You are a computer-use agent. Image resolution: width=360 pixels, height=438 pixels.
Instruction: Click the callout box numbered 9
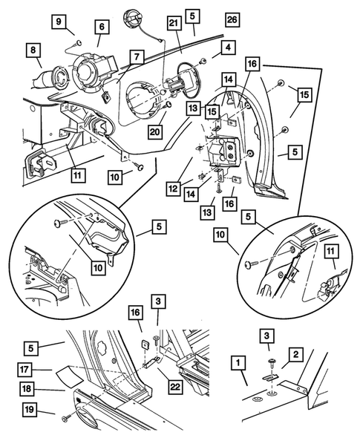(x=59, y=22)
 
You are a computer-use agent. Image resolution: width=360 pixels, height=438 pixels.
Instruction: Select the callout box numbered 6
(x=102, y=27)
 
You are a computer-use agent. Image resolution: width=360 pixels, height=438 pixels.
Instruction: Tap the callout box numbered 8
(x=33, y=50)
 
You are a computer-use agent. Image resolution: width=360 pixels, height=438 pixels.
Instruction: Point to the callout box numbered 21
(x=174, y=22)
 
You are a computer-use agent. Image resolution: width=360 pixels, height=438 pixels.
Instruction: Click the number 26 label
(x=232, y=19)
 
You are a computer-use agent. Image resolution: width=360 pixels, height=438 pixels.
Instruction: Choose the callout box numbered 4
(x=228, y=48)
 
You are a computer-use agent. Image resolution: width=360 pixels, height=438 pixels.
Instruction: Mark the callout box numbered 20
(x=154, y=131)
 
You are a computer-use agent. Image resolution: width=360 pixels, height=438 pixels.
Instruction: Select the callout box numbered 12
(x=174, y=189)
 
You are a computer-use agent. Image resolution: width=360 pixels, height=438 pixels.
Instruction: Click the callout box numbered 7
(x=137, y=57)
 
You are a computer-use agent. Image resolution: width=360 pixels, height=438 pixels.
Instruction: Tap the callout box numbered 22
(x=175, y=387)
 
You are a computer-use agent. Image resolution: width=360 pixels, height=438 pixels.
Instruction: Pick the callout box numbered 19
(x=29, y=410)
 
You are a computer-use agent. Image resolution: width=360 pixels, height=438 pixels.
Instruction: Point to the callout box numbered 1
(x=238, y=363)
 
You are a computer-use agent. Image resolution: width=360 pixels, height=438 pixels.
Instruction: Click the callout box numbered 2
(x=295, y=354)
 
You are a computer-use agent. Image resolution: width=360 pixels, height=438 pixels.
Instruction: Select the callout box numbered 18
(x=27, y=389)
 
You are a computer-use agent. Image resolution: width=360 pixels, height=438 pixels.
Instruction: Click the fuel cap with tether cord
(x=134, y=19)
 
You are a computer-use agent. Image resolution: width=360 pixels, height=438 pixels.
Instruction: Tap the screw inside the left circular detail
(x=60, y=223)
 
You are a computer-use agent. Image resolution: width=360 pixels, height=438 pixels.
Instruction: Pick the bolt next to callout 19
(x=65, y=418)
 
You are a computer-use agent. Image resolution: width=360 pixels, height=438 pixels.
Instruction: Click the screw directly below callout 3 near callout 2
(x=272, y=364)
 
